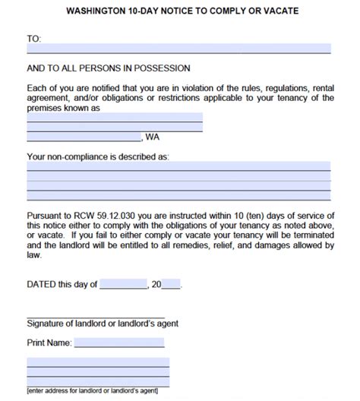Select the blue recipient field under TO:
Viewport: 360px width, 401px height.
178,49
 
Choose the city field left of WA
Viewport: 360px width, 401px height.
84,137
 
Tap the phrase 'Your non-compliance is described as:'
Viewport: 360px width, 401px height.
98,157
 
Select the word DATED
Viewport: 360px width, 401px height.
41,284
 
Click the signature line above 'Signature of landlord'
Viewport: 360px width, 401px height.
95,316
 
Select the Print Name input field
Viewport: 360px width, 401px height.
119,343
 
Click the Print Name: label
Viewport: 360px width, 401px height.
49,343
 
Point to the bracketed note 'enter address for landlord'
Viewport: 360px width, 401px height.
91,390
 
